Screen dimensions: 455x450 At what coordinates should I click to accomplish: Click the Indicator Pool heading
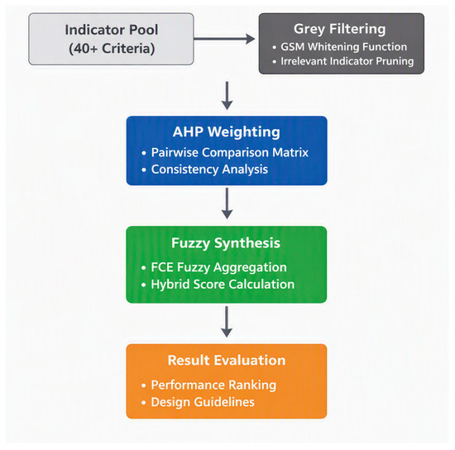tap(112, 30)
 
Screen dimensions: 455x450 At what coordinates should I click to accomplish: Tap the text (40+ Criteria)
tap(112, 49)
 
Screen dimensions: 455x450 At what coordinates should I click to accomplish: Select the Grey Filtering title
tap(339, 29)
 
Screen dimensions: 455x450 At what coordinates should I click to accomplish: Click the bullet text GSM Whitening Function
tap(343, 46)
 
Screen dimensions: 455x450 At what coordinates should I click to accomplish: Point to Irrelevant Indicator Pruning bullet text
tap(347, 61)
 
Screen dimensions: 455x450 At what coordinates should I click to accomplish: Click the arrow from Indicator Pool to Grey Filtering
tap(224, 39)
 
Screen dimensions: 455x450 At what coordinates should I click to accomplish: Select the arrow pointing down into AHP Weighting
tap(227, 96)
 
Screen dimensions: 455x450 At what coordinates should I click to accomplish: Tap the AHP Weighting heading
tap(227, 132)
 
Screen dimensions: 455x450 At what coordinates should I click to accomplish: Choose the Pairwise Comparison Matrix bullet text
tap(229, 152)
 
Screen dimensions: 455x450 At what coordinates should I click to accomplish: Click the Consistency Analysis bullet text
tap(209, 170)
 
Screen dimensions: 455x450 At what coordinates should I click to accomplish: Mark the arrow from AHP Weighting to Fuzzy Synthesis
tap(227, 203)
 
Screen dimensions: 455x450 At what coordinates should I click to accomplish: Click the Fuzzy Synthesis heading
tap(226, 243)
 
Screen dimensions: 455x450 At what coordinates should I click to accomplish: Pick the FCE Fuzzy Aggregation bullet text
tap(218, 267)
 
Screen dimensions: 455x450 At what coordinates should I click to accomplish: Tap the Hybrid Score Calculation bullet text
tap(223, 285)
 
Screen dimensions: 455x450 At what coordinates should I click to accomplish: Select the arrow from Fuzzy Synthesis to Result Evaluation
tap(227, 322)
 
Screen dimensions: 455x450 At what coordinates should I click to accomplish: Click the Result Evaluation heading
tap(227, 361)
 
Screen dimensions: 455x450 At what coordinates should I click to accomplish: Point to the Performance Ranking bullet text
tap(213, 385)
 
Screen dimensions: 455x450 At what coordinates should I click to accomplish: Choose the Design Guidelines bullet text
tap(203, 402)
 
